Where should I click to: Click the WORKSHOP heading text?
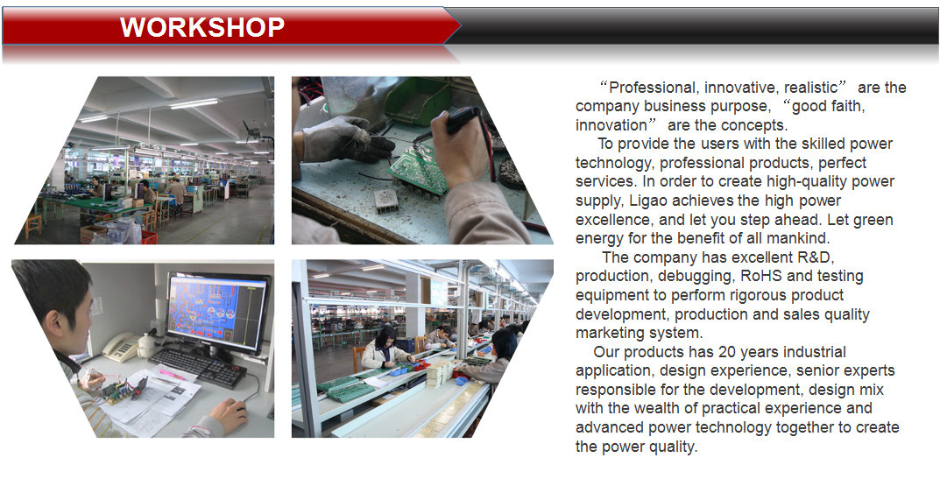point(202,27)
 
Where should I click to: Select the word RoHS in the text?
point(761,276)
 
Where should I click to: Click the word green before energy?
point(873,221)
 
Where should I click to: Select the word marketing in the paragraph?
point(608,333)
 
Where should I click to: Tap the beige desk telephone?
point(121,347)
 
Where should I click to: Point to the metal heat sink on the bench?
point(385,201)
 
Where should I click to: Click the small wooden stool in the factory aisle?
point(33,226)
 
